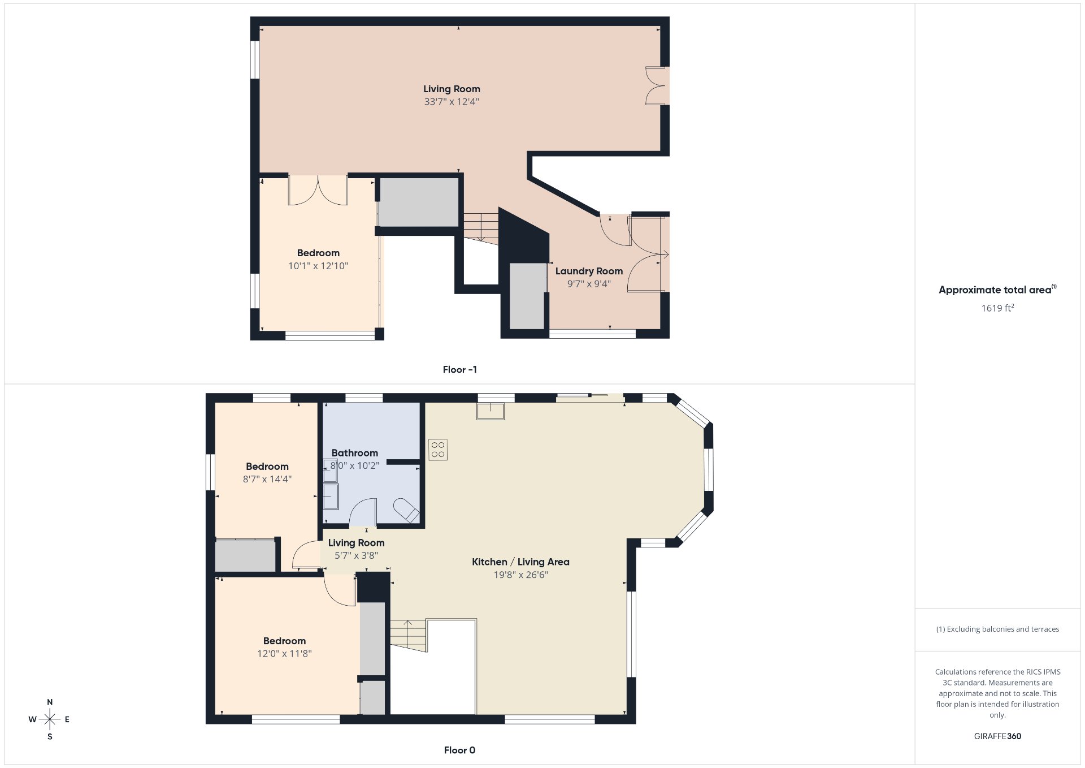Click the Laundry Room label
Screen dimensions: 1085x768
click(x=589, y=271)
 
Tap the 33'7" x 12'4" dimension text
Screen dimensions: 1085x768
click(x=452, y=102)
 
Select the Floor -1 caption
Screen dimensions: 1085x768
click(x=459, y=369)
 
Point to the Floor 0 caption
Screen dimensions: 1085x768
click(x=459, y=750)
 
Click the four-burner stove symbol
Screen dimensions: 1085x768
click(x=438, y=450)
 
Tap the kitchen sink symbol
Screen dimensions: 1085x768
click(x=491, y=411)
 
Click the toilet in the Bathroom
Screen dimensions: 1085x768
click(x=406, y=511)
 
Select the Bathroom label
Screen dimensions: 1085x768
click(x=355, y=453)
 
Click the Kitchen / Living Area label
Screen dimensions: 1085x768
click(x=520, y=562)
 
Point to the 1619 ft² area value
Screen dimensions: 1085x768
click(x=997, y=308)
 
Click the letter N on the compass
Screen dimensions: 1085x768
click(x=50, y=702)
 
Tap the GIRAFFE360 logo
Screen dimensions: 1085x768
click(x=997, y=736)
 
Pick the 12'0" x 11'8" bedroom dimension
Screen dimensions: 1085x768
click(x=284, y=654)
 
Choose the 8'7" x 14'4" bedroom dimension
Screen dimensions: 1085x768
click(x=267, y=479)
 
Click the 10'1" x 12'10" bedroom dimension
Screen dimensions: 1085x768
click(x=318, y=266)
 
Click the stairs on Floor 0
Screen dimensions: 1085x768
click(x=408, y=636)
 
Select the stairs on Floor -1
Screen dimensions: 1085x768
click(x=481, y=228)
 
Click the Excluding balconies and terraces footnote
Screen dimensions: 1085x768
click(x=997, y=629)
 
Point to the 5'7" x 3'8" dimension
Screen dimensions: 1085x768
click(x=356, y=555)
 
